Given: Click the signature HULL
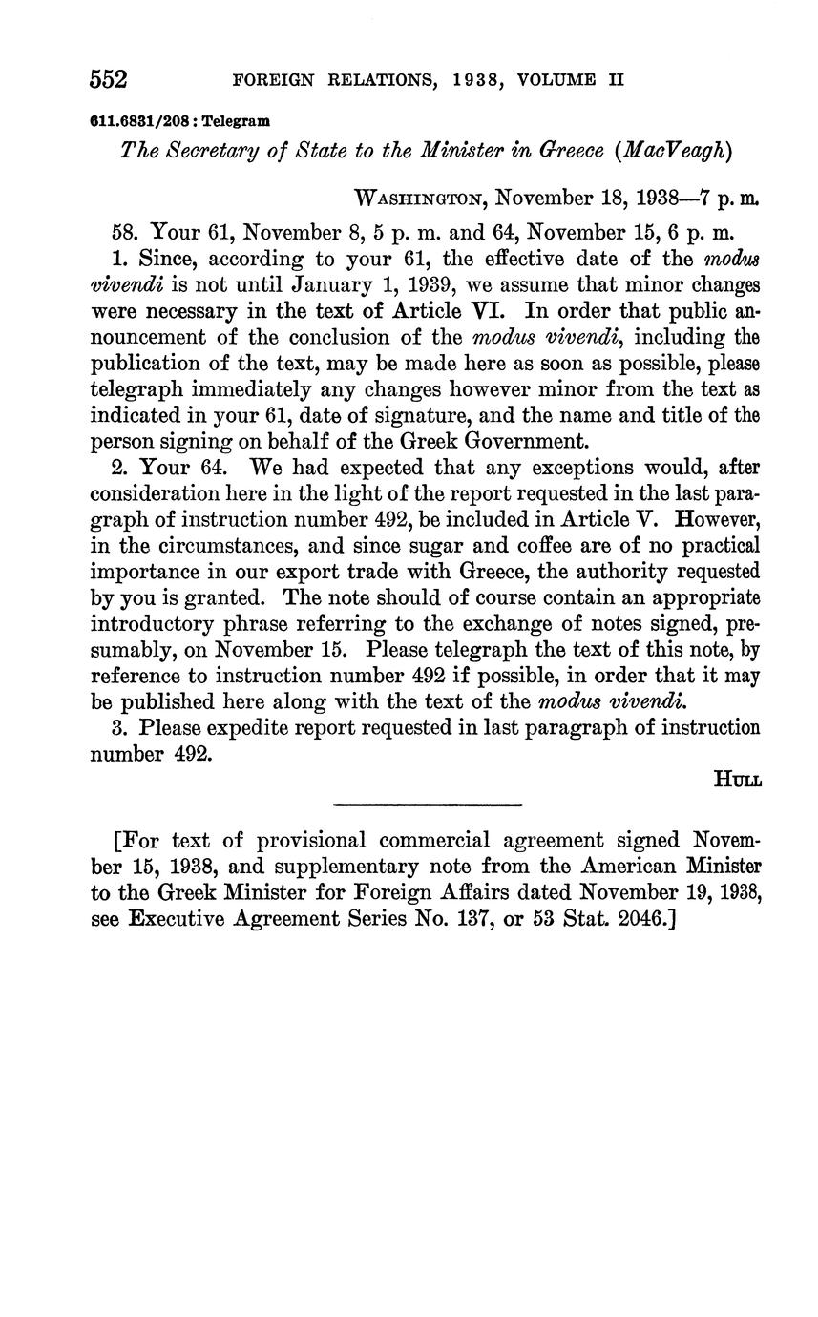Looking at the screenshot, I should coord(737,779).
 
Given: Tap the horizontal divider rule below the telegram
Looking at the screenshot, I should coord(429,805).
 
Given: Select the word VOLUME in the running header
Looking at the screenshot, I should coord(560,80).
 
